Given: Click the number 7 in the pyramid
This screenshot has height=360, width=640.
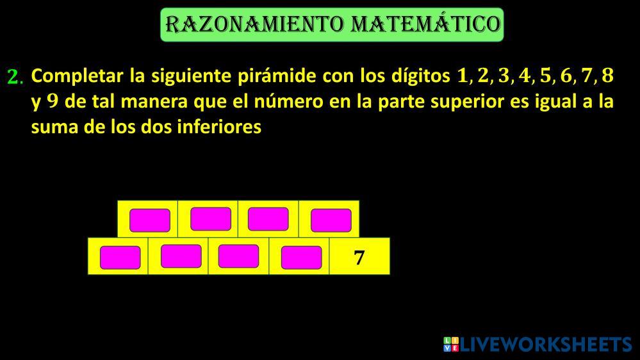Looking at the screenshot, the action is click(x=359, y=258).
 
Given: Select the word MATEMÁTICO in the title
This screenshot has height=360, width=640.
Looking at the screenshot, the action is click(x=426, y=24).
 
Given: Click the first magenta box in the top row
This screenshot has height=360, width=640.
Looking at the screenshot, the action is click(x=150, y=220).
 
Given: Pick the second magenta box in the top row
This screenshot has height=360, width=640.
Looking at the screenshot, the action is click(x=211, y=219).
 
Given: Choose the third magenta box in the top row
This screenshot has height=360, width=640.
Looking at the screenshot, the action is click(x=268, y=219).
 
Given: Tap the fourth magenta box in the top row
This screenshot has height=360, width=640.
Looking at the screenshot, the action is click(x=331, y=220).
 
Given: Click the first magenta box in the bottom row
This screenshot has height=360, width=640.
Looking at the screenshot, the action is click(x=120, y=258).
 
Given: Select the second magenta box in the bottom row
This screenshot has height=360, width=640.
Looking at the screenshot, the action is click(x=181, y=256).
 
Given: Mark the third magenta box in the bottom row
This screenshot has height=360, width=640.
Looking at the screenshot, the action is click(x=238, y=256).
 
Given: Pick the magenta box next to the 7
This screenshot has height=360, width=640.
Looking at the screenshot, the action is click(x=301, y=258).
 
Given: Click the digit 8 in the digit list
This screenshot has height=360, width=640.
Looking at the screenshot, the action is click(x=608, y=76).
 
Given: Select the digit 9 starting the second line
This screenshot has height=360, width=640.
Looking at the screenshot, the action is click(x=53, y=101).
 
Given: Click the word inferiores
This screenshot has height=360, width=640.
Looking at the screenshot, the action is click(x=219, y=127).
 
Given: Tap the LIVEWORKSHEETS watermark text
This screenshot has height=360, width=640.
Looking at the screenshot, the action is click(x=545, y=345).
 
